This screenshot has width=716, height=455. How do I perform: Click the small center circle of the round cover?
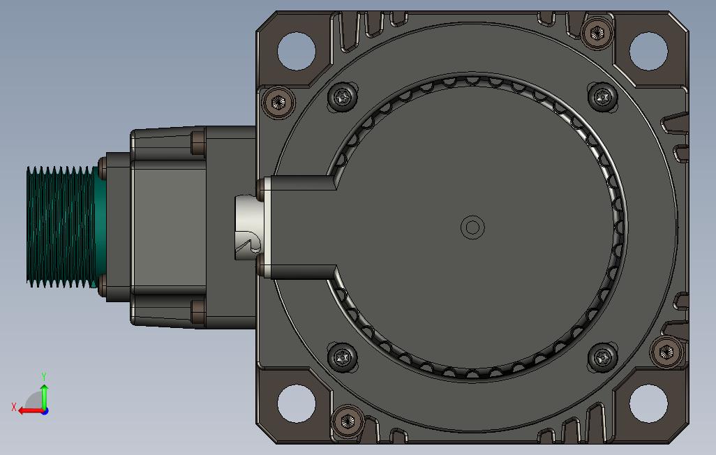pos(472,227)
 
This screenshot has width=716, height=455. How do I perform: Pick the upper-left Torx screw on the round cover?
pos(343,97)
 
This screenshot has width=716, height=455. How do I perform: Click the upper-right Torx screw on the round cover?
pos(603,97)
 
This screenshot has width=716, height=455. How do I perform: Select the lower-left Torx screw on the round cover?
pos(343,357)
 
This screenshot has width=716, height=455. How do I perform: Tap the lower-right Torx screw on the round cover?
pos(603,357)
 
